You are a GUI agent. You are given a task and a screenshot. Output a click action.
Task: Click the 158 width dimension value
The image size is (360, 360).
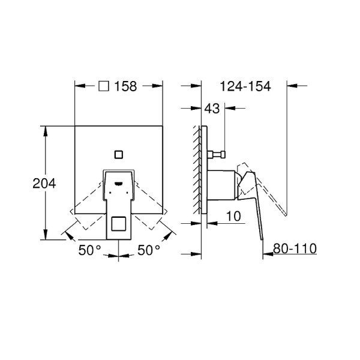(x=127, y=86)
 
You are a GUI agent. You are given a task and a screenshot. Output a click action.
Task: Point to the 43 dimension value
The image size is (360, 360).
(x=211, y=109)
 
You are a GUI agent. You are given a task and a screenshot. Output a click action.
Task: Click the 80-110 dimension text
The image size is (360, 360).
(x=295, y=248)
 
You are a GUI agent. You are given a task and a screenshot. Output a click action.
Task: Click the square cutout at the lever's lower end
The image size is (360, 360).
(x=119, y=224)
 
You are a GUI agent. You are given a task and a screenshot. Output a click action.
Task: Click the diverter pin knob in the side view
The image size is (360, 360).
(x=221, y=155)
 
